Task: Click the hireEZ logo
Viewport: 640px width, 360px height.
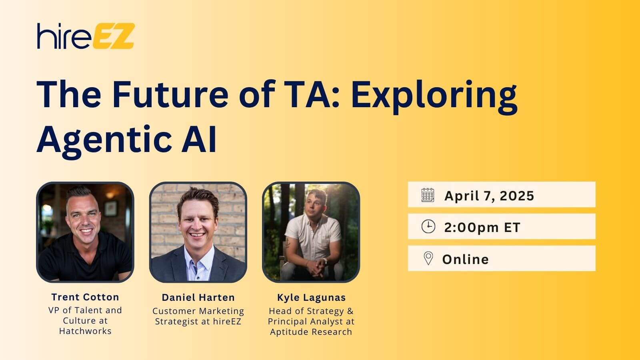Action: coord(86,36)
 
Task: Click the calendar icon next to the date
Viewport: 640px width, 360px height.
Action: coord(428,195)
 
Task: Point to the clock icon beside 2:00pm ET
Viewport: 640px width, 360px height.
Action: coord(428,226)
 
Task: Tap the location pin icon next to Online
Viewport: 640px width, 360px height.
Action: coord(428,258)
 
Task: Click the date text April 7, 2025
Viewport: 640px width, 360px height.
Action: coord(489,196)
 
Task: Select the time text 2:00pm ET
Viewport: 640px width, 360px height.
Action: coord(482,228)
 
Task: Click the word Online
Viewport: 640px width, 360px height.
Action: coord(466,260)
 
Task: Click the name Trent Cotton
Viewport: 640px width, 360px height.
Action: coord(85,297)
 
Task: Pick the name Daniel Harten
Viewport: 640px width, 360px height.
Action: coord(198,298)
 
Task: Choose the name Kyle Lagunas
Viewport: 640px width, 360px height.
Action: coord(312,298)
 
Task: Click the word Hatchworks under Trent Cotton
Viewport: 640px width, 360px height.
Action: coord(85,331)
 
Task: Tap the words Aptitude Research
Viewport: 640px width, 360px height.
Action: coord(311,332)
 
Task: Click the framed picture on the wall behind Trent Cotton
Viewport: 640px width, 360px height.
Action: coord(111,208)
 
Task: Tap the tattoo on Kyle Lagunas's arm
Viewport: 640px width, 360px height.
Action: coord(287,244)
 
